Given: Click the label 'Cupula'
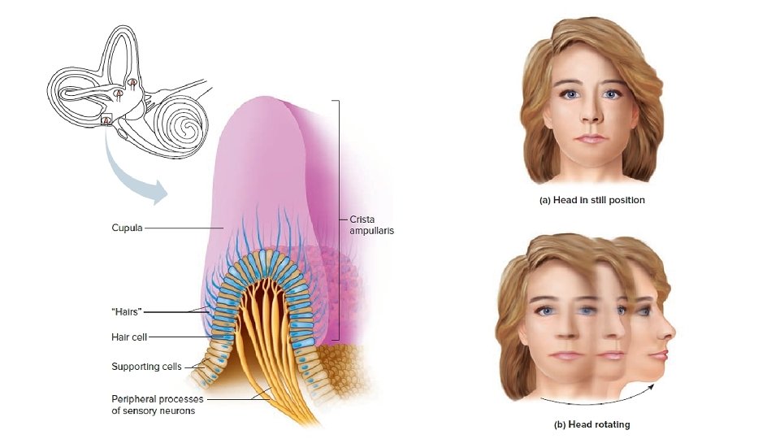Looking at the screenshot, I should pyautogui.click(x=127, y=228).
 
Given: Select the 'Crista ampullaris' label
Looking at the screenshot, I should pyautogui.click(x=371, y=225).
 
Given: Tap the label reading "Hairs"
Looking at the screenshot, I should pyautogui.click(x=128, y=311).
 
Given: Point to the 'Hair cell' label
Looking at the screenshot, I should pyautogui.click(x=129, y=337).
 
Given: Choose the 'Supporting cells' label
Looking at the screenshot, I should pyautogui.click(x=146, y=367).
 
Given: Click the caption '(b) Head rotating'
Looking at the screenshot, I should pyautogui.click(x=592, y=424).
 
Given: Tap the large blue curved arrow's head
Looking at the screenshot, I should pyautogui.click(x=160, y=194).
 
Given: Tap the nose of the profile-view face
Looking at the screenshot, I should pyautogui.click(x=671, y=333).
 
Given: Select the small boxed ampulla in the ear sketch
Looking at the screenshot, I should pyautogui.click(x=106, y=121).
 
